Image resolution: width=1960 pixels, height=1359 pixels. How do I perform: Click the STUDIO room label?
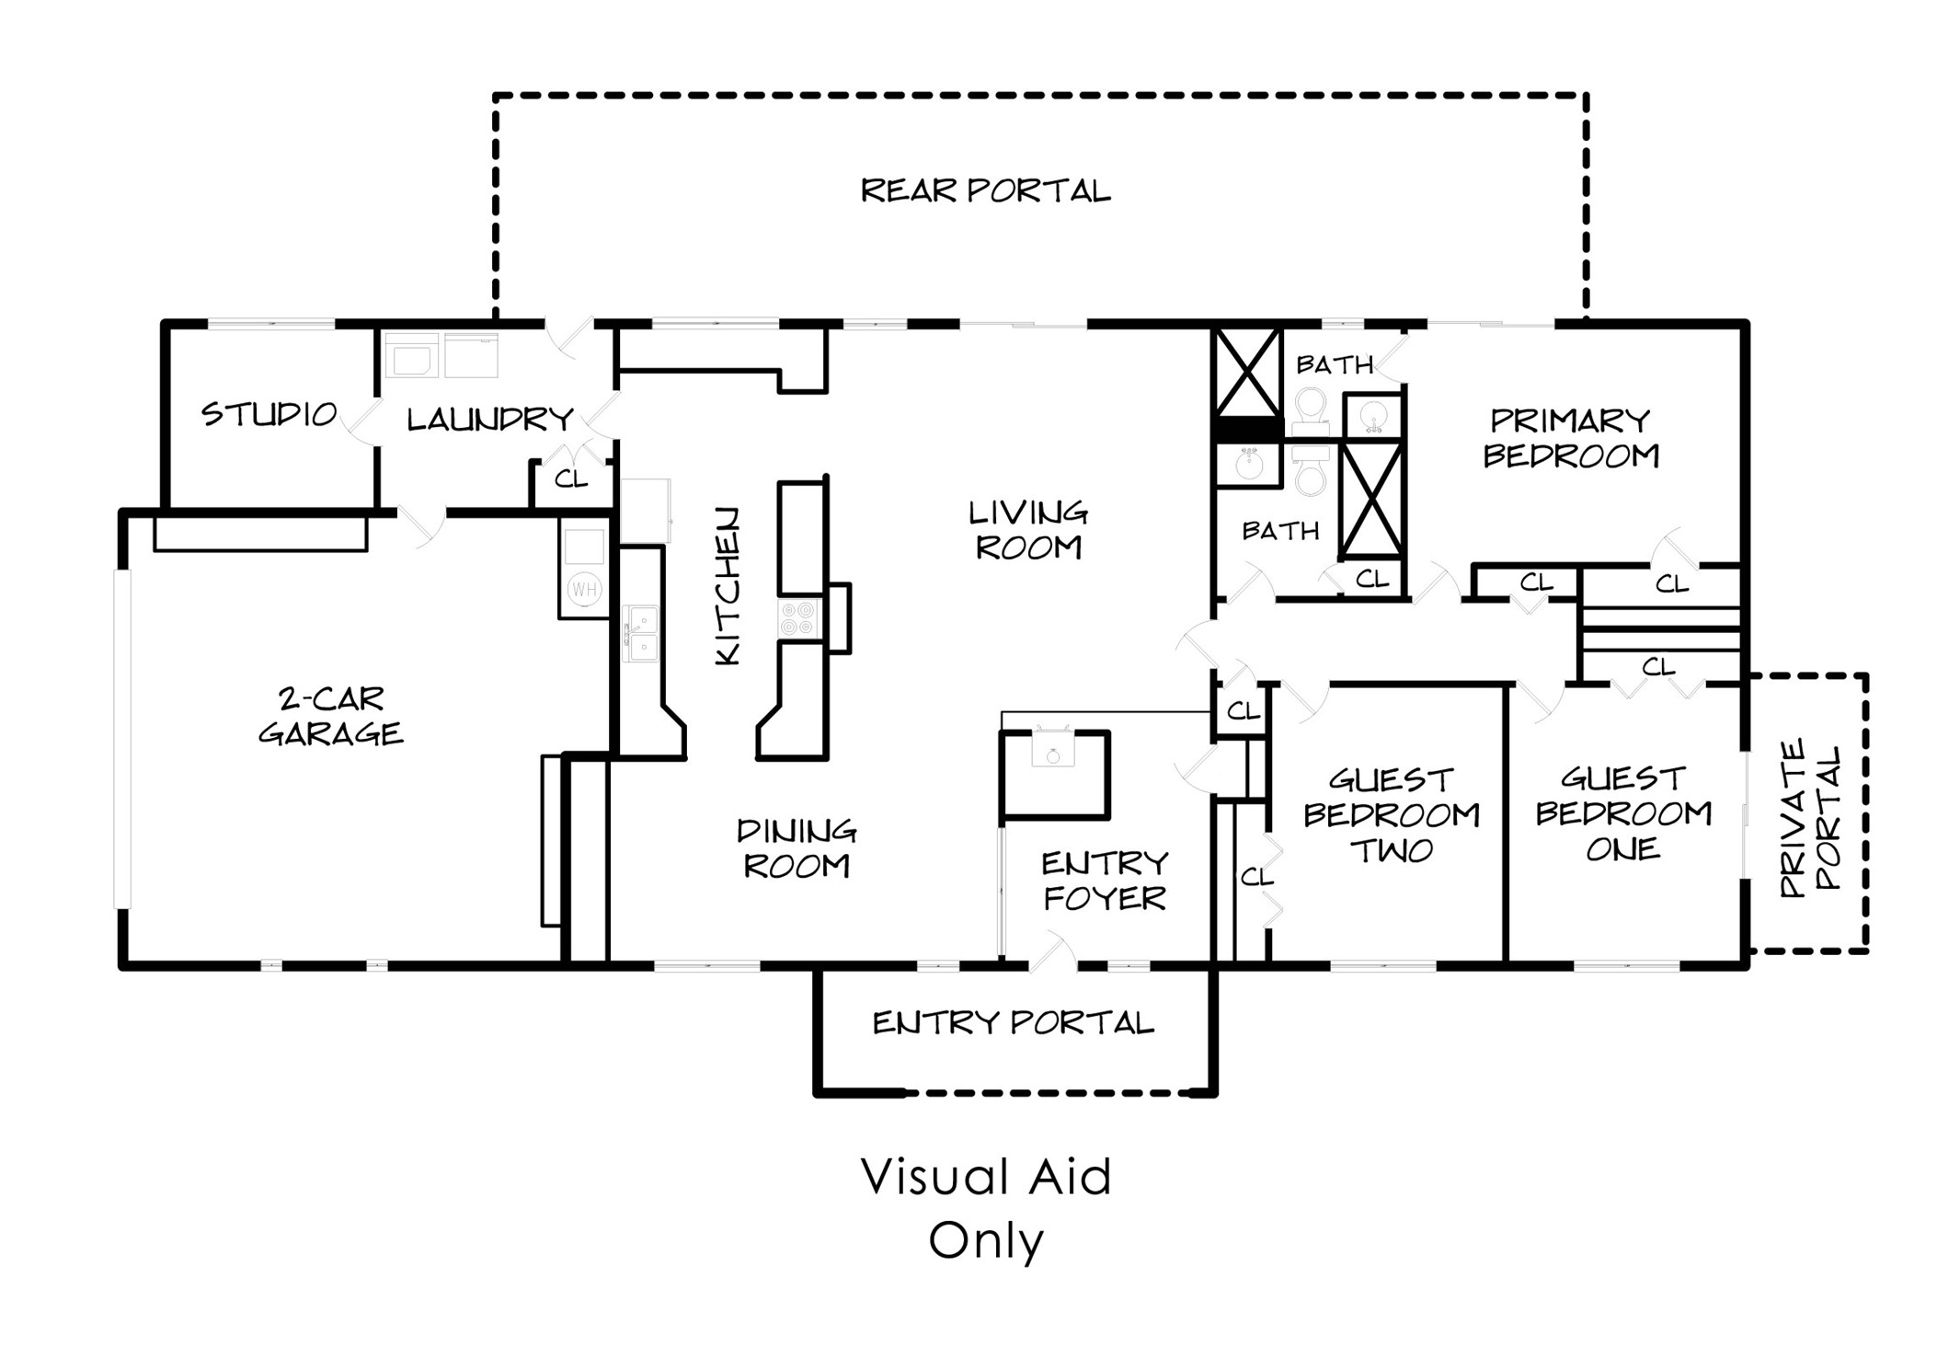tap(269, 414)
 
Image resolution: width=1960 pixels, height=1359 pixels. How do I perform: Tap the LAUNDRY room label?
tap(490, 420)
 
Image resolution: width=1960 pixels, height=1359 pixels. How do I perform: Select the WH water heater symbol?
tap(584, 589)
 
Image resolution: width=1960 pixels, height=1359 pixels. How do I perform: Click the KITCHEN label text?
tap(727, 585)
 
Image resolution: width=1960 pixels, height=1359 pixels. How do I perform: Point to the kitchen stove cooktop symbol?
tap(798, 618)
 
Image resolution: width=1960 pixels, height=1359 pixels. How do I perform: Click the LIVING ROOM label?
tap(1028, 530)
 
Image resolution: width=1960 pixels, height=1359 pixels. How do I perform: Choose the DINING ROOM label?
tap(797, 848)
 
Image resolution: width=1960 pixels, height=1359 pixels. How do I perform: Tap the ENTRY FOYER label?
tap(1105, 881)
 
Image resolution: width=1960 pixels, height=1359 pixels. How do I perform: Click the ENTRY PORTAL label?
tap(1013, 1022)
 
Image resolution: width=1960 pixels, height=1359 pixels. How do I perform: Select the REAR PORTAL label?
tap(986, 190)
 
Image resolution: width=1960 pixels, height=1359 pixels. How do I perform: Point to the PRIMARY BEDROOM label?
tap(1571, 438)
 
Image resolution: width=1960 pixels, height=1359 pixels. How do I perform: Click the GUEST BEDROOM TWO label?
tap(1392, 815)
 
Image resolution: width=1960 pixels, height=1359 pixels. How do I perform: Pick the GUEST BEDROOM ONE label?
tap(1623, 813)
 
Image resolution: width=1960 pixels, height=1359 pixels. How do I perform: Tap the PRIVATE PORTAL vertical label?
tap(1810, 818)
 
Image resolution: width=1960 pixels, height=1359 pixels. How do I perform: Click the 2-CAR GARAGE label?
tap(330, 716)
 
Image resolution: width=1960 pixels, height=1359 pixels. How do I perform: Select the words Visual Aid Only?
tap(986, 1209)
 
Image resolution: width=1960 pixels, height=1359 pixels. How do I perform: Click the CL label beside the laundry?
tap(570, 478)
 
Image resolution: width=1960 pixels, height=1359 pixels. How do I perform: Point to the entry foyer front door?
tap(1053, 952)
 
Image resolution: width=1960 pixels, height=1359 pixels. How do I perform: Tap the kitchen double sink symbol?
tap(640, 633)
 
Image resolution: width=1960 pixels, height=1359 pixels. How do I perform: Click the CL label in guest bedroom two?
tap(1256, 877)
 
